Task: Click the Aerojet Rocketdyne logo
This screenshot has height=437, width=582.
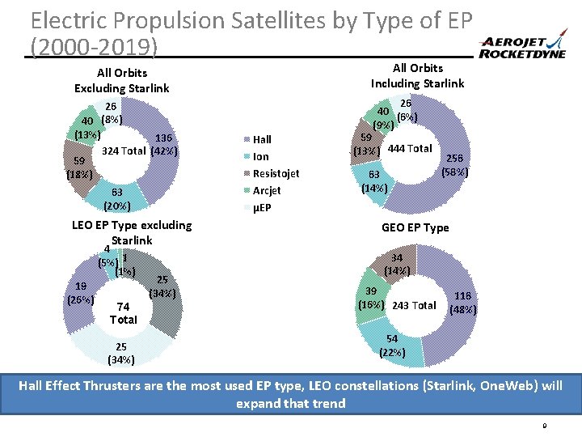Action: (525, 48)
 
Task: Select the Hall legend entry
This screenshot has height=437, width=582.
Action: (261, 139)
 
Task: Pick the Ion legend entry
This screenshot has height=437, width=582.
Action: (259, 156)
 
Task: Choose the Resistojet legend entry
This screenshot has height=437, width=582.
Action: (275, 173)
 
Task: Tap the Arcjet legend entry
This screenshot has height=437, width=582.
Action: (264, 190)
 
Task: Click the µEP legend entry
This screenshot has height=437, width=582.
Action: (260, 207)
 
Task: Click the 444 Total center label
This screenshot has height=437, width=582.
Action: (410, 148)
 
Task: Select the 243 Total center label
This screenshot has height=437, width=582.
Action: (413, 305)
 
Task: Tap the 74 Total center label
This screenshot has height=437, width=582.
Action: (124, 312)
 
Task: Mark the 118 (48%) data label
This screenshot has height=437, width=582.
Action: (464, 303)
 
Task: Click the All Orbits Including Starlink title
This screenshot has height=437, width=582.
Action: (417, 75)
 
